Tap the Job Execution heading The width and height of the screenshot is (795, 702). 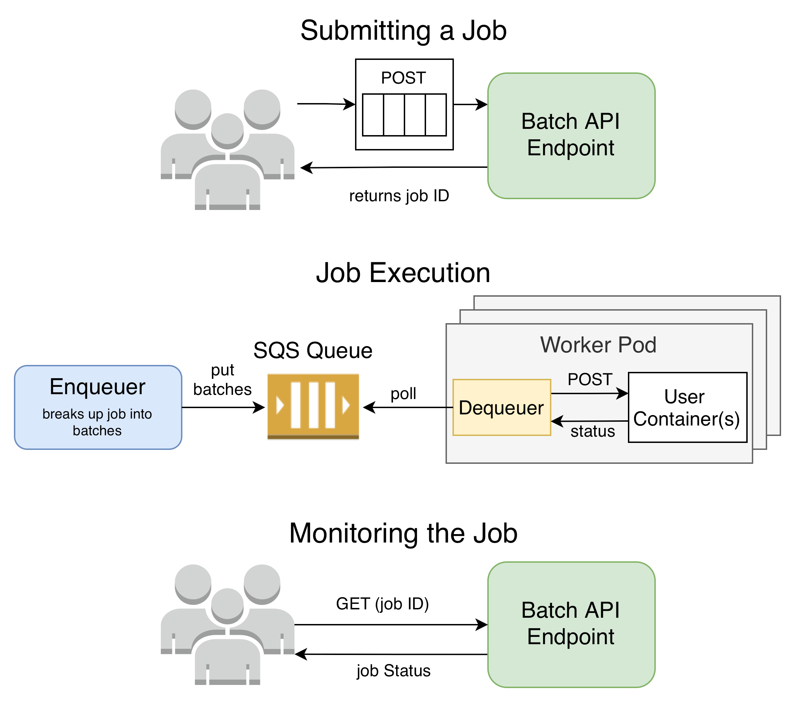pyautogui.click(x=403, y=273)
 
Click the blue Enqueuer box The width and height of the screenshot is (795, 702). pyautogui.click(x=98, y=407)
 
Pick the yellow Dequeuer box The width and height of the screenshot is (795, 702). pyautogui.click(x=501, y=407)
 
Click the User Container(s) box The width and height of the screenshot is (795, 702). pyautogui.click(x=687, y=407)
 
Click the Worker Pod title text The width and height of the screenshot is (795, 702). pyautogui.click(x=598, y=345)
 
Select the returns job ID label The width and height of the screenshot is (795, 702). pyautogui.click(x=399, y=196)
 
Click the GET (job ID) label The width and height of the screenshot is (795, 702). pyautogui.click(x=382, y=603)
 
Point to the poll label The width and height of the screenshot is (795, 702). pyautogui.click(x=403, y=393)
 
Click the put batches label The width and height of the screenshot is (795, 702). pyautogui.click(x=222, y=380)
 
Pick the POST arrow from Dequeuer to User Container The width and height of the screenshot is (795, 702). pyautogui.click(x=590, y=393)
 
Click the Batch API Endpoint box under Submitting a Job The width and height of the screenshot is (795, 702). pyautogui.click(x=571, y=136)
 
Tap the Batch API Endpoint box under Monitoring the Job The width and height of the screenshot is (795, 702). pyautogui.click(x=571, y=625)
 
